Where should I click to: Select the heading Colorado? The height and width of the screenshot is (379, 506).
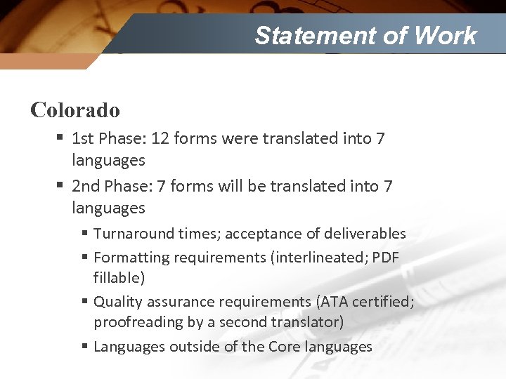(x=75, y=110)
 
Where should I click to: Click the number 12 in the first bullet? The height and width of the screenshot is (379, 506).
(x=160, y=139)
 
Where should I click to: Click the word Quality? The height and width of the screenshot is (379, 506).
(x=117, y=302)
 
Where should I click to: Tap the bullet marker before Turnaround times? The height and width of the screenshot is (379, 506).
(x=84, y=233)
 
